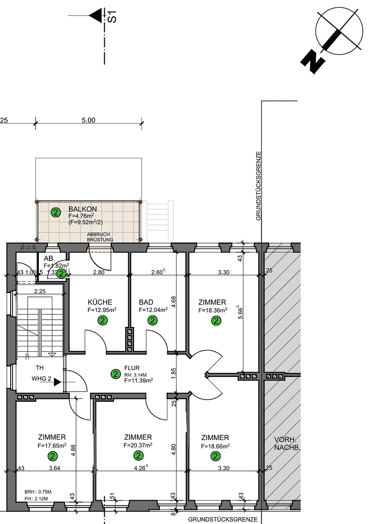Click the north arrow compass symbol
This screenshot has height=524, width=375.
335,39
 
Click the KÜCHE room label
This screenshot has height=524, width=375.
100,302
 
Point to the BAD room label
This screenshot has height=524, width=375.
146,302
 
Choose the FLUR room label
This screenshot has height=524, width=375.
132,368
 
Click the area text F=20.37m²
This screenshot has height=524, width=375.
138,445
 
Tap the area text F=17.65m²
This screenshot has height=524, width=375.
52,445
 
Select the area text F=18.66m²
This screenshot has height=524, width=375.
215,445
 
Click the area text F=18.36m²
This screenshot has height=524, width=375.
213,310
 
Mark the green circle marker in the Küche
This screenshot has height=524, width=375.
102,320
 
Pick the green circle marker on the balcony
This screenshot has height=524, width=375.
56,212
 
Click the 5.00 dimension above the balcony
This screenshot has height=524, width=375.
88,120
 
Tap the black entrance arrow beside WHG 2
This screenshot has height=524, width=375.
57,382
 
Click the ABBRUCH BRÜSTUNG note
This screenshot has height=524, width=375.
100,237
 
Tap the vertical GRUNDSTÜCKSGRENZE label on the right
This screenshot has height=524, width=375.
259,186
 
